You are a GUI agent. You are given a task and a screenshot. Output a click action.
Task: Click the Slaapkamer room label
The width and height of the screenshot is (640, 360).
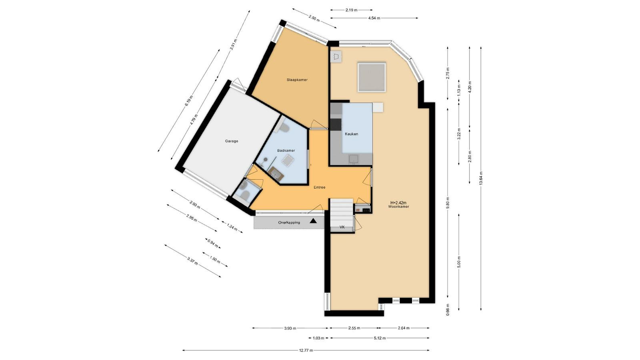pos(297,80)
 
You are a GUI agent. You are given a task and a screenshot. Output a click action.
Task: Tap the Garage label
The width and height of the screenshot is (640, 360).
pos(232,141)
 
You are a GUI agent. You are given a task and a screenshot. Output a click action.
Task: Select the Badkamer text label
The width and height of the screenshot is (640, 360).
pos(286,150)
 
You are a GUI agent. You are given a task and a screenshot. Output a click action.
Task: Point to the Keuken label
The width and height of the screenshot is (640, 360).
pos(352,134)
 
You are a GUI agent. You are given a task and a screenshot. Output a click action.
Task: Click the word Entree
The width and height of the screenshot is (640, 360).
pos(320,188)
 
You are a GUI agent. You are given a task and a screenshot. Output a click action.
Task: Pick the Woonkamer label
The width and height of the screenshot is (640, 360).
pos(398,206)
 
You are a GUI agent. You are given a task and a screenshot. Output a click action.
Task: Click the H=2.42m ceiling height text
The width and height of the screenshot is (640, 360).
pos(398,203)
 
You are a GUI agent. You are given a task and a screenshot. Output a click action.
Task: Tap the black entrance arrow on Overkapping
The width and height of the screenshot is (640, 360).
pos(314,220)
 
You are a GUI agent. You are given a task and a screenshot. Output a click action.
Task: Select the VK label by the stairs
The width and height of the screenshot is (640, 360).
pos(342,227)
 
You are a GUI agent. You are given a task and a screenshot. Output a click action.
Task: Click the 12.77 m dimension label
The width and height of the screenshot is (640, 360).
pos(306,350)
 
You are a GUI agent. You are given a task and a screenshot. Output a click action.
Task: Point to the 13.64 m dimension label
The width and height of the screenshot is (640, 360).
pos(481,178)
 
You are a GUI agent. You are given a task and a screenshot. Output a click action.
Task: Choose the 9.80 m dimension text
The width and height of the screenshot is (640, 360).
pos(448,203)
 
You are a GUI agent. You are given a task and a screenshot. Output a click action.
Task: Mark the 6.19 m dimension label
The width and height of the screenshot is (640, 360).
pos(189,100)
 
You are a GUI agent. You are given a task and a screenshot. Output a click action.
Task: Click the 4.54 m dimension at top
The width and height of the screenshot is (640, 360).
pos(374,18)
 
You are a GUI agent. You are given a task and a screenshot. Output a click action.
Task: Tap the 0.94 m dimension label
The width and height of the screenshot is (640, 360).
pos(212,243)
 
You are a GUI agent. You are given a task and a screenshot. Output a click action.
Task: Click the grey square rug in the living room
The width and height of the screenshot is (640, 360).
pos(372,78)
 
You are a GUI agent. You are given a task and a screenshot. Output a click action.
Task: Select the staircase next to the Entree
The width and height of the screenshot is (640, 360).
pos(342,212)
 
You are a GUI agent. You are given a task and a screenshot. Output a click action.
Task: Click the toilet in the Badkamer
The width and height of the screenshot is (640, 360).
pos(283,128)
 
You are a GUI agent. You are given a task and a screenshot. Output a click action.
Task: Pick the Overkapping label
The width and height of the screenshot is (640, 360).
pos(289,222)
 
